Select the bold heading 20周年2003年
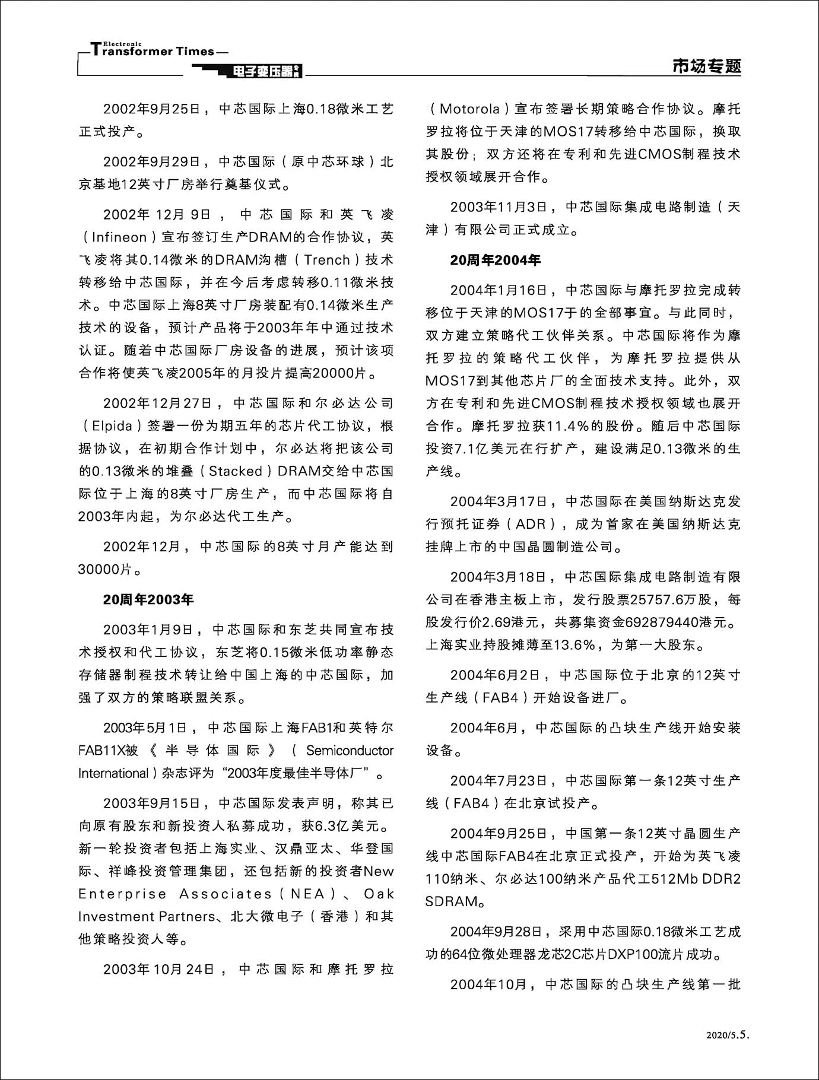(148, 599)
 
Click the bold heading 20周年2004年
(495, 260)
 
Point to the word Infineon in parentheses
(119, 237)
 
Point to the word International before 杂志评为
(113, 773)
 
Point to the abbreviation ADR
(531, 525)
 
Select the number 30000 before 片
(99, 570)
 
